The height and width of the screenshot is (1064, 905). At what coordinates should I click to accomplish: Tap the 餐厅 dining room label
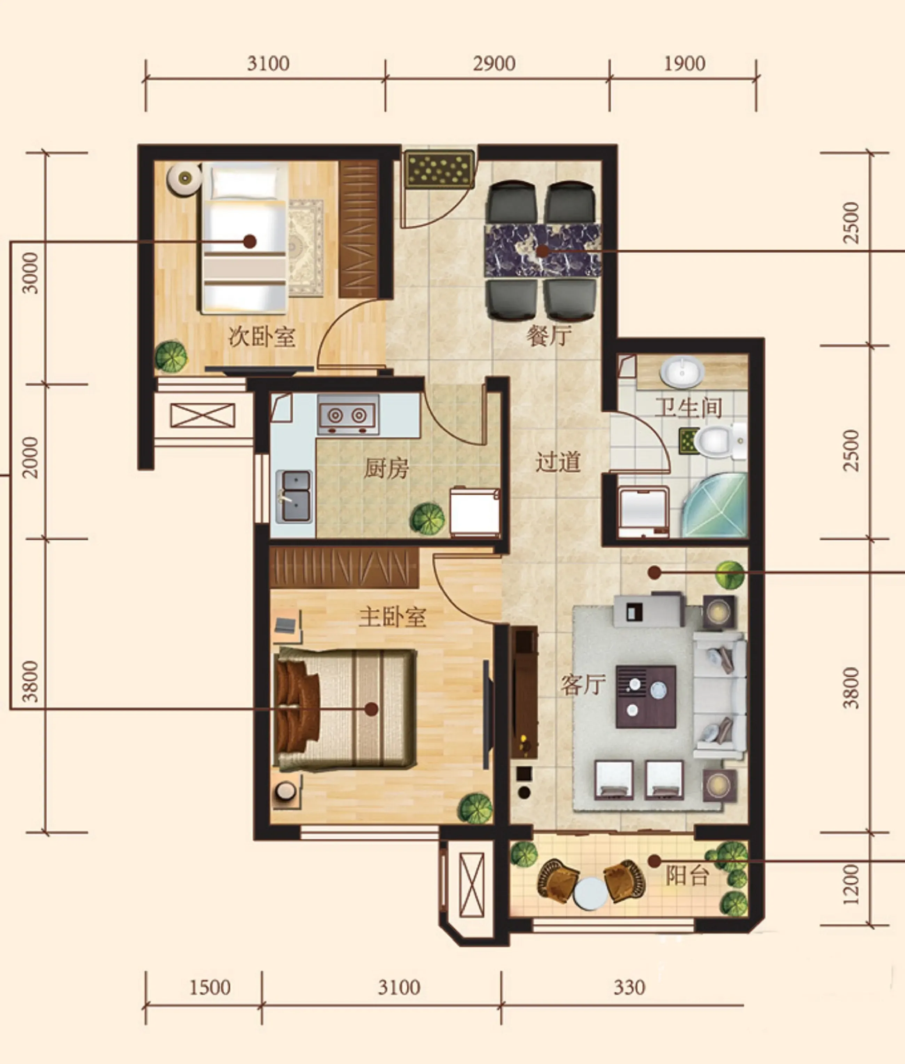click(x=549, y=335)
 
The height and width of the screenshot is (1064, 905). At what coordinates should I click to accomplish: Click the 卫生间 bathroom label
click(x=688, y=408)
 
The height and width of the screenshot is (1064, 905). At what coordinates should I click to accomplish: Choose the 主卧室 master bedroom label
click(x=393, y=617)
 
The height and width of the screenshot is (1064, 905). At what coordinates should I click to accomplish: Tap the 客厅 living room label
click(x=583, y=684)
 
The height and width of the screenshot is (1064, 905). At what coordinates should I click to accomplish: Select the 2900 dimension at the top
click(x=494, y=64)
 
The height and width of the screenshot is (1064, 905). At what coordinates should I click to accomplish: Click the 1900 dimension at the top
click(x=684, y=64)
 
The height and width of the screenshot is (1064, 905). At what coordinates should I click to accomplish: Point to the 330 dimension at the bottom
click(x=629, y=987)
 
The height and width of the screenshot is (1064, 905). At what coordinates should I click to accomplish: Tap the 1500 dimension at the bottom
click(x=210, y=987)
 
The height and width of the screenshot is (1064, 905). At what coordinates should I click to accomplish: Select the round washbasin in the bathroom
click(x=682, y=371)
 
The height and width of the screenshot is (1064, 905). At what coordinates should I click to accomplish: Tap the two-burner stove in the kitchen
click(x=348, y=414)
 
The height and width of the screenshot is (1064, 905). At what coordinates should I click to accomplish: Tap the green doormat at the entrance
click(x=439, y=168)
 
